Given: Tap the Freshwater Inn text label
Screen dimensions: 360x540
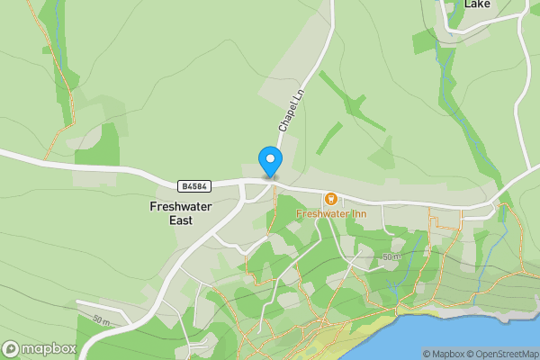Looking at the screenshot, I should point(330,214).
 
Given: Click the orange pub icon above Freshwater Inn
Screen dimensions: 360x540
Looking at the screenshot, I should point(331,198).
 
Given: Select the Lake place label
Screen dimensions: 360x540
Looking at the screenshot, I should point(477,4).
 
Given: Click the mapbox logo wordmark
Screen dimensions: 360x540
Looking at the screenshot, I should point(49,348).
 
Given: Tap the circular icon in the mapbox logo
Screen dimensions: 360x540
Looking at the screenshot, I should point(12,348).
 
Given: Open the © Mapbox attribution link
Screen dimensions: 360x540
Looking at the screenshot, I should point(443,354).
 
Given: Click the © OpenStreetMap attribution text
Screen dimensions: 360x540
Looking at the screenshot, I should point(501,354).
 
